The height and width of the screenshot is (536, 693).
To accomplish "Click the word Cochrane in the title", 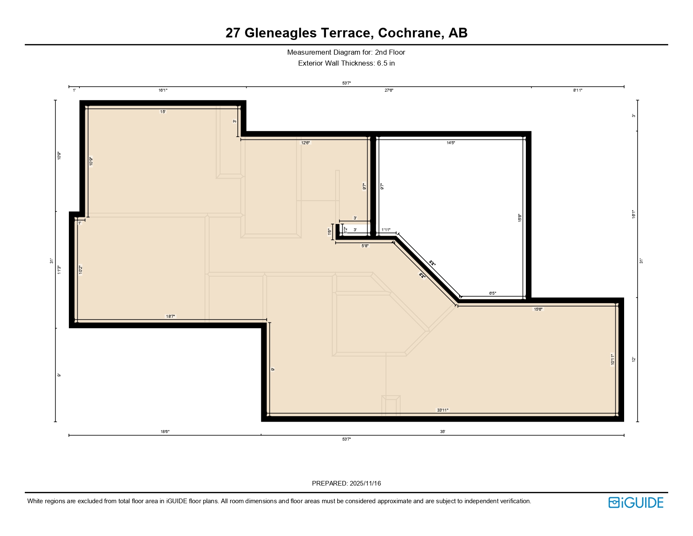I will point(411,33).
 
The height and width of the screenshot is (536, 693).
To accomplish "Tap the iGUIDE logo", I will point(636,502).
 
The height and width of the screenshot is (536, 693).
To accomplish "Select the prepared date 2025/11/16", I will point(365,483).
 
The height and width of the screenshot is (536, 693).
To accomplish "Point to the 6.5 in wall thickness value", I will point(386,63).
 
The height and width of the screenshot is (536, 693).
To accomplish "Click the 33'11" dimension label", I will point(443,410).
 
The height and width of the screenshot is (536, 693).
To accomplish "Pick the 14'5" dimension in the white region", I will point(451,143).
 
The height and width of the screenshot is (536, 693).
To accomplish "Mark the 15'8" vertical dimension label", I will point(520,218).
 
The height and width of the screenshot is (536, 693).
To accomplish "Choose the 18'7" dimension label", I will point(171,317).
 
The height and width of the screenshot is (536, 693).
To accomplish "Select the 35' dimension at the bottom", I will point(443,432).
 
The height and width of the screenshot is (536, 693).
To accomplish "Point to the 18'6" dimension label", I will point(165,432).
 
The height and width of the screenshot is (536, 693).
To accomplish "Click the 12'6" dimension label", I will point(305,143).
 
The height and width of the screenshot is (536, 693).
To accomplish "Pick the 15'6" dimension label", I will point(538,309).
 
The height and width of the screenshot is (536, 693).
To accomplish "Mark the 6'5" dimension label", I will point(493,293).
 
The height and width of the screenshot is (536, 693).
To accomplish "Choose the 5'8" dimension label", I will point(365,246).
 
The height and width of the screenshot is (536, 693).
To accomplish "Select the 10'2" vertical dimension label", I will point(81,270).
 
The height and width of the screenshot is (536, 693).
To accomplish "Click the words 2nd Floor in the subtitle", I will point(390,53).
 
